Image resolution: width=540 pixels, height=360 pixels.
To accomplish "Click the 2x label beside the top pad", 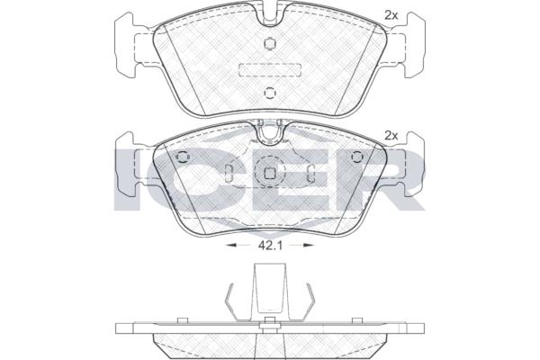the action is coord(391,15).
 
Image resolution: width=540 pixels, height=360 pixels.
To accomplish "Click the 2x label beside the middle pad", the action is coord(391,136).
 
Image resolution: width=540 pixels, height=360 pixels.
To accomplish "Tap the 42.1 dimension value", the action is coord(270,246).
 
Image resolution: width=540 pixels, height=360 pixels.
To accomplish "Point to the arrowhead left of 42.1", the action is coord(230,246).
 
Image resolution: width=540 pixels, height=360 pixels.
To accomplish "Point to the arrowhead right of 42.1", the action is coord(308,246).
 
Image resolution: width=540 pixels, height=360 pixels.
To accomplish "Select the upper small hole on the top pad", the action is coord(270,43).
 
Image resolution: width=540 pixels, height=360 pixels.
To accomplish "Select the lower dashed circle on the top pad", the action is coord(270,93).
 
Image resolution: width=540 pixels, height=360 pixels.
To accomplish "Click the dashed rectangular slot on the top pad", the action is coord(270,69).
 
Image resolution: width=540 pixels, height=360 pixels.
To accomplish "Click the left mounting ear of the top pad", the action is coord(126,45).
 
